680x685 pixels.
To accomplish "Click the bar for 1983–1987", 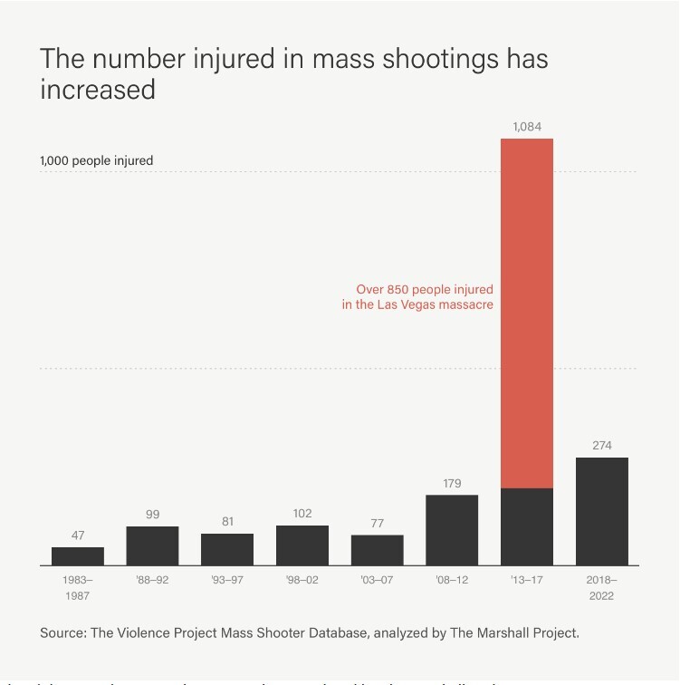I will tap(78, 555).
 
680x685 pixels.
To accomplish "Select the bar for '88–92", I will tap(152, 545).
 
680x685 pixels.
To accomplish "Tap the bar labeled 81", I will tap(227, 549).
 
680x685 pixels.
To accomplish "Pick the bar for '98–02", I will tap(302, 545).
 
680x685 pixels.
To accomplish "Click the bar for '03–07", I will tap(378, 550).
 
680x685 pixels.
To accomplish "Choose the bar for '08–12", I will tap(452, 530).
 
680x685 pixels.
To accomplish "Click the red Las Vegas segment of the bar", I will tap(527, 313).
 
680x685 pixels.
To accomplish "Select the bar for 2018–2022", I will tap(602, 511).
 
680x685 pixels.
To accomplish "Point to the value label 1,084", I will tap(527, 127).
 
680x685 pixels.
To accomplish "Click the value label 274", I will tap(602, 446).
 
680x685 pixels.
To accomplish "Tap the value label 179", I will tap(452, 484).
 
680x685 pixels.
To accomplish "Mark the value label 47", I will tap(78, 535).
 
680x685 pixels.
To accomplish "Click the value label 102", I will tap(302, 514).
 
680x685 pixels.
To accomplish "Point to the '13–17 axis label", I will tap(527, 580).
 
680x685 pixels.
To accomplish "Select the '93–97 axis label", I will tap(227, 580).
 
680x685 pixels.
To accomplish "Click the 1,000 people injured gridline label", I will tap(96, 160).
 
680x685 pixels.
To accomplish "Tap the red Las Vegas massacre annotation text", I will tap(417, 297).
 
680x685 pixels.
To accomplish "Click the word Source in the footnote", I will tap(62, 632).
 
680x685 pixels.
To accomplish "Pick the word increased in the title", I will tap(98, 90).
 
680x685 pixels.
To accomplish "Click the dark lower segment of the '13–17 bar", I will tap(527, 526).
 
